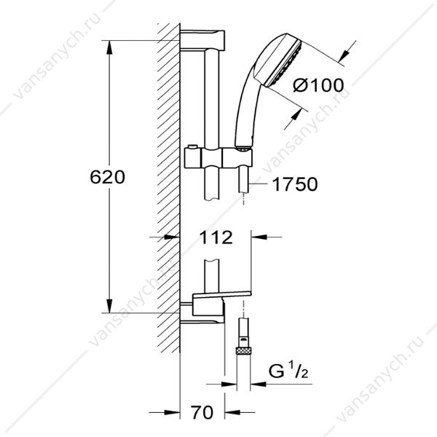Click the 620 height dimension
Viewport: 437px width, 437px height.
coord(107,177)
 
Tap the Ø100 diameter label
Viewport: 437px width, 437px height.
coord(318,84)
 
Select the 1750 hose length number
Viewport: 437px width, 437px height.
coord(294,184)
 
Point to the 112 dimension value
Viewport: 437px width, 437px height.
coord(216,237)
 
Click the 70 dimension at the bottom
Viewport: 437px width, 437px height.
coord(202,412)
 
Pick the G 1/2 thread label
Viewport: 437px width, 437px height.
coord(288,371)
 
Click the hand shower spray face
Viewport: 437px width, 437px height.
coord(284,63)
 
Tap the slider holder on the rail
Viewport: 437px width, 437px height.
coord(219,158)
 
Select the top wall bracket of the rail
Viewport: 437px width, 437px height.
coord(202,40)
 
